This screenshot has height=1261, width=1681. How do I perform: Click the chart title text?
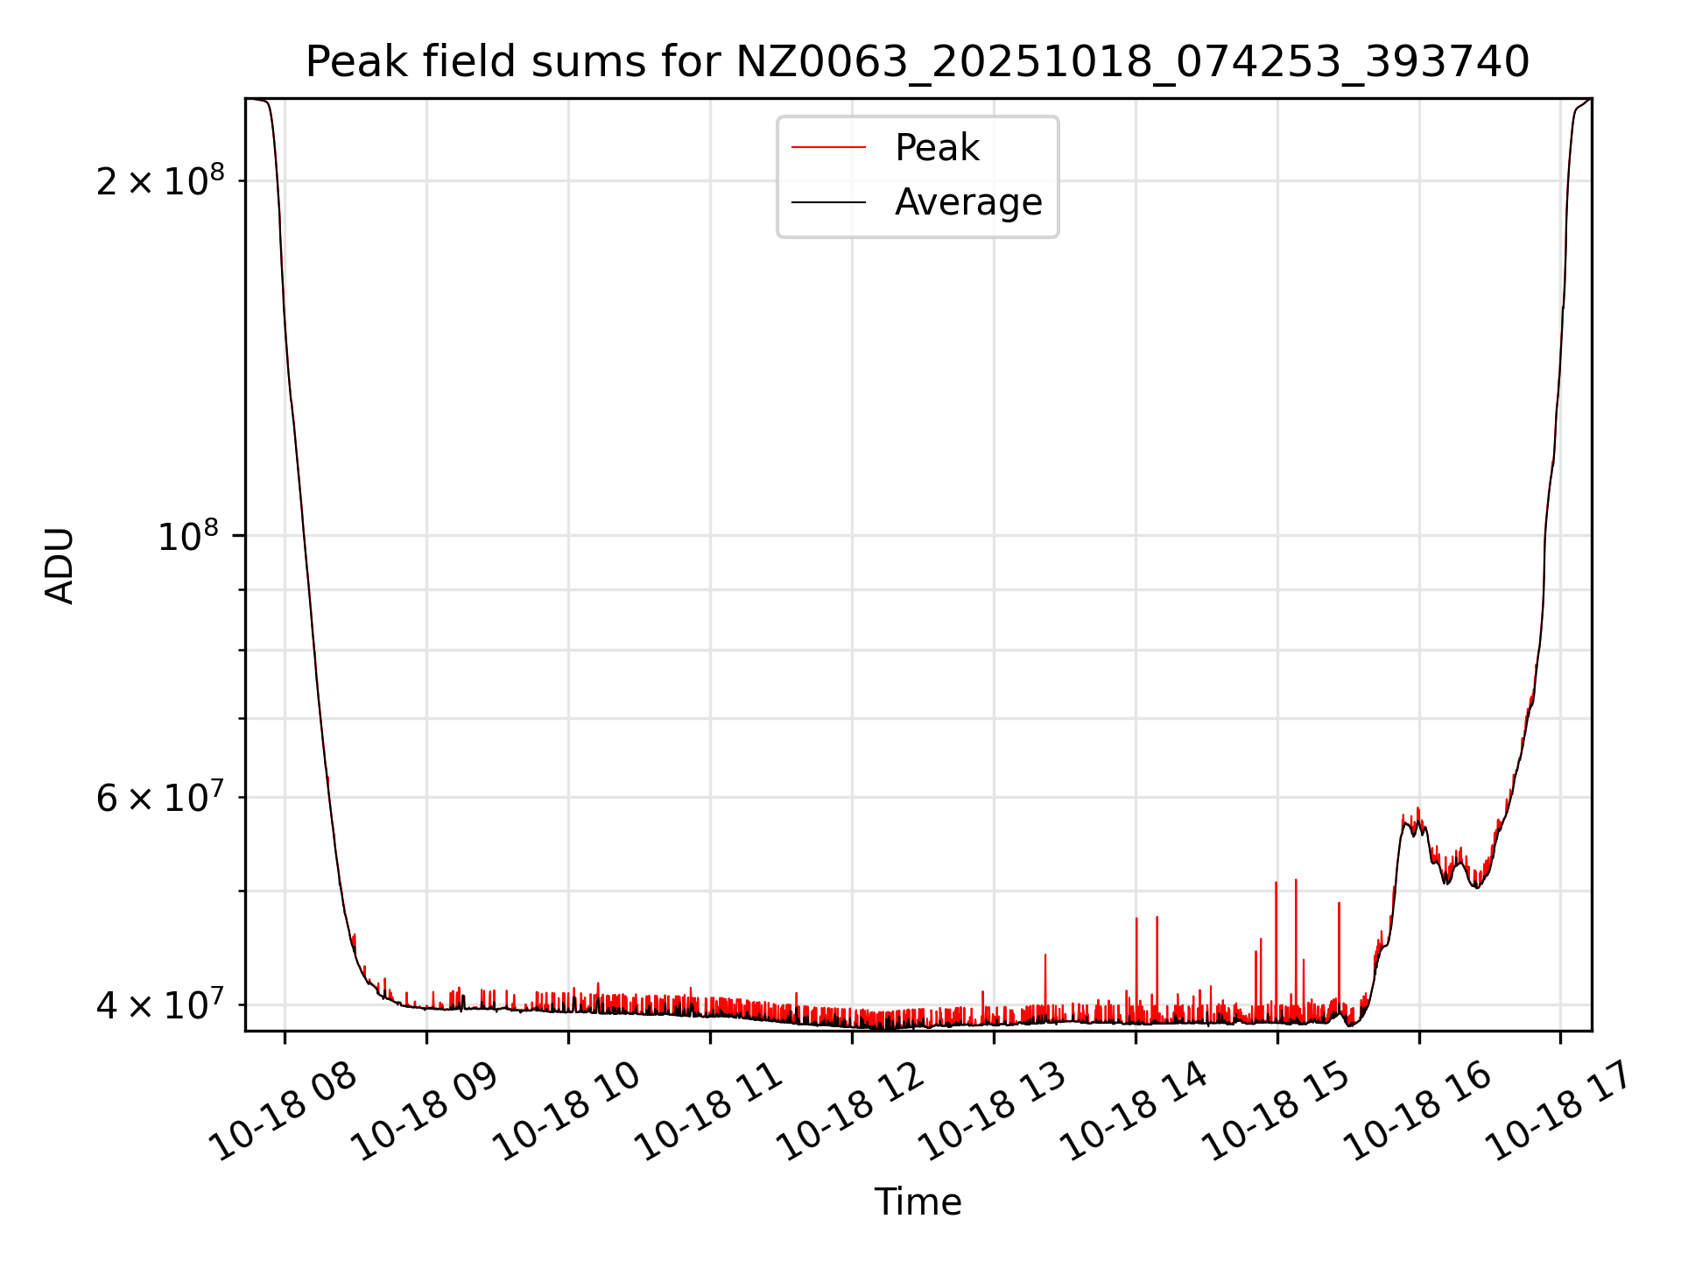pos(917,62)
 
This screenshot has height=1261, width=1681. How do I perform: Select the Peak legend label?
pos(936,148)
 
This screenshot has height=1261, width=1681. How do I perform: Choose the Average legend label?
pos(967,202)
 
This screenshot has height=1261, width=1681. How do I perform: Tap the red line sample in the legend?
pos(828,148)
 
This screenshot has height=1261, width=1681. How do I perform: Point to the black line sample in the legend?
pos(828,202)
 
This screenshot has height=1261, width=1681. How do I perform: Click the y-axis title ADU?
pos(60,565)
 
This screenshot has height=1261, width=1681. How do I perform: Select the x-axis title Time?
pos(918,1202)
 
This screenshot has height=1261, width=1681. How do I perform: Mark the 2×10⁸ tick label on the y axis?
pos(160,181)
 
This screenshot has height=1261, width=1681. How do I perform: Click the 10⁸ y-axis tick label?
pos(190,535)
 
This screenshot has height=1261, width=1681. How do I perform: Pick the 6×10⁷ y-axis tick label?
pos(160,797)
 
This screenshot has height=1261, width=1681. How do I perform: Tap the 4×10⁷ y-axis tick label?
pos(160,1004)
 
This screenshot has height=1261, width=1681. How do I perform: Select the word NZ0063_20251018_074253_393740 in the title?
pos(1132,62)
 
